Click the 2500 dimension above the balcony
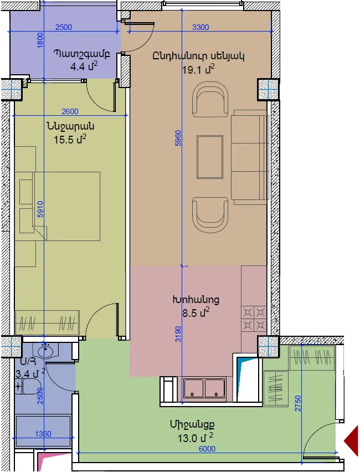(64, 27)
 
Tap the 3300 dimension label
(200, 27)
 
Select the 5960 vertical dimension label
(178, 138)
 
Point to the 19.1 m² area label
(198, 69)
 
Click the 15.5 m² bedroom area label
(70, 139)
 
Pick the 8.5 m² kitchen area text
(196, 312)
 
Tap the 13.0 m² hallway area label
(196, 438)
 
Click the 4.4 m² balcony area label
(84, 66)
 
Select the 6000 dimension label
(207, 449)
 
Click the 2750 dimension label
(298, 403)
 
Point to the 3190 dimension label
(178, 334)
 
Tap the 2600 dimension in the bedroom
(70, 111)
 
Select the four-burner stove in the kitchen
(254, 319)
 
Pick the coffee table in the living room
(210, 157)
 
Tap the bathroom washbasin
(46, 351)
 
